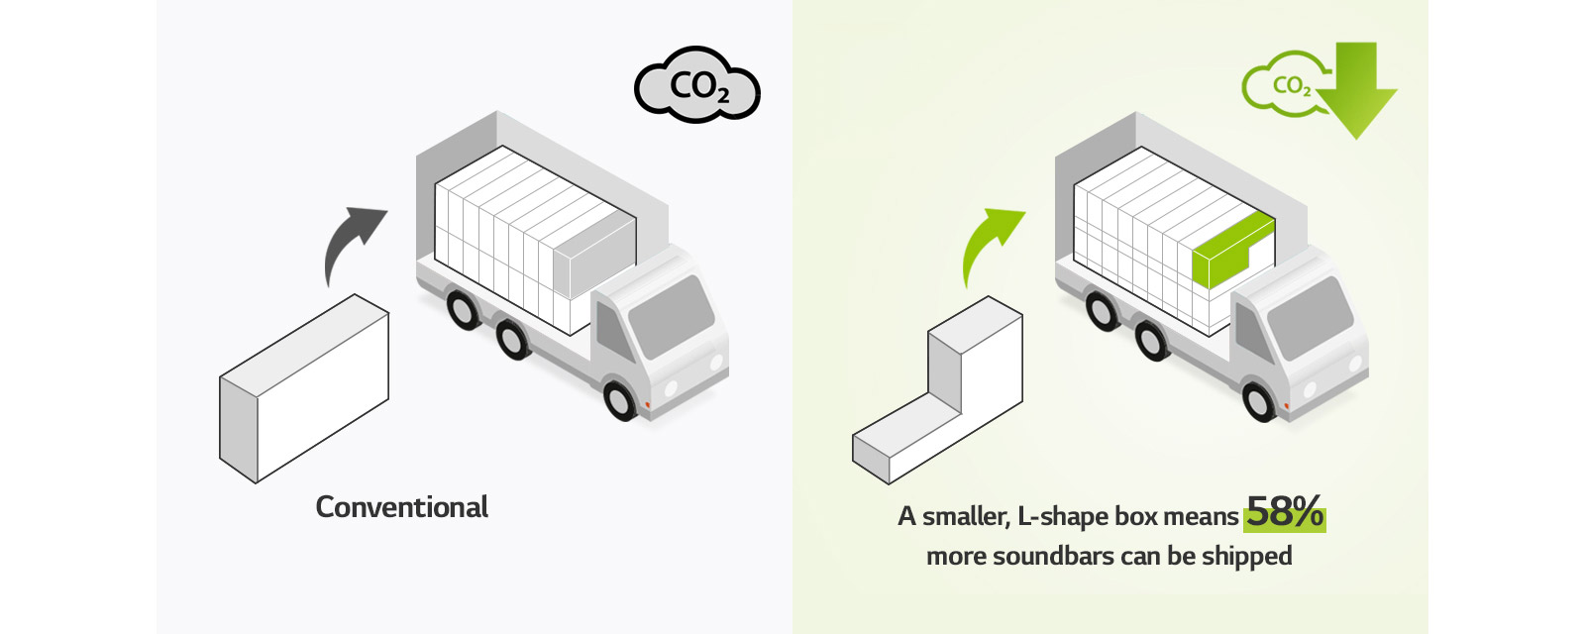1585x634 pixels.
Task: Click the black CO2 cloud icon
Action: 697,86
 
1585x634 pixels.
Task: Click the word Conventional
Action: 401,507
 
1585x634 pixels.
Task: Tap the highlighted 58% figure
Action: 1285,513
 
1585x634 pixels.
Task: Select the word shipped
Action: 1246,556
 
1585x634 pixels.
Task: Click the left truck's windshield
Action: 671,317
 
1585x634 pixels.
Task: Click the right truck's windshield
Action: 1310,318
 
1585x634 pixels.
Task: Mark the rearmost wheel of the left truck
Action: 463,308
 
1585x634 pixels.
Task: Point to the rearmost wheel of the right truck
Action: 1102,310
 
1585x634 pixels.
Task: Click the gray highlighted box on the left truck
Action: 594,257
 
